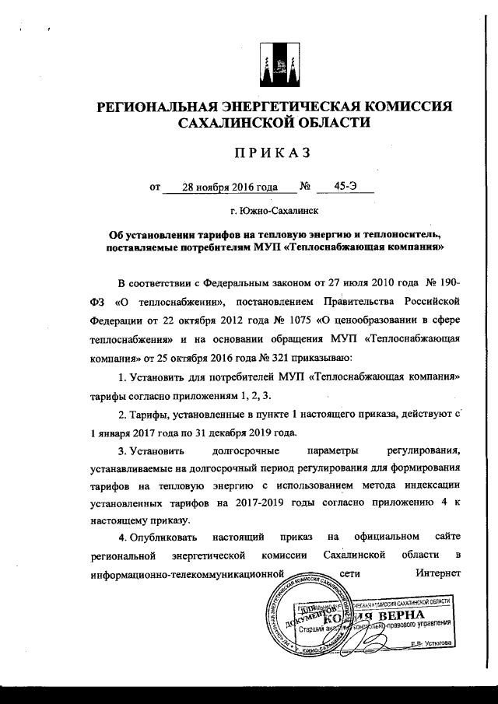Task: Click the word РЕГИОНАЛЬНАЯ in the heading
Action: (x=150, y=107)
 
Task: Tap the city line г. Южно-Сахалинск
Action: (x=274, y=210)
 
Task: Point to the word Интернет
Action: (x=439, y=576)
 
